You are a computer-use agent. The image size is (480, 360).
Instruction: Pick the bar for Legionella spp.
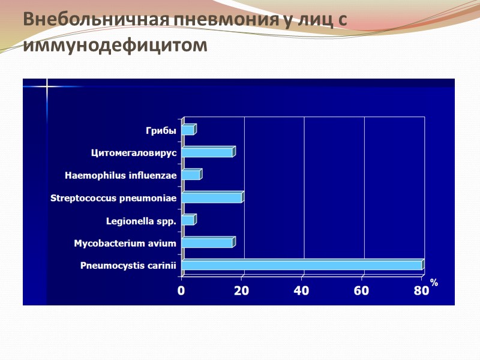pos(188,220)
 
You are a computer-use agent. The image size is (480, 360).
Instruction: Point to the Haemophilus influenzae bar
pos(191,175)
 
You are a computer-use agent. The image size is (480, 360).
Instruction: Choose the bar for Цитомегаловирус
pos(207,152)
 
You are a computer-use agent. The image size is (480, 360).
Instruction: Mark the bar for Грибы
pos(188,130)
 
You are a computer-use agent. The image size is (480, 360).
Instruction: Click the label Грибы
pos(161,130)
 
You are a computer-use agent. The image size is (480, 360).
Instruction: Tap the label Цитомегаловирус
pos(134,152)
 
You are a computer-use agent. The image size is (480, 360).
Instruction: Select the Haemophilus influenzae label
pos(121,176)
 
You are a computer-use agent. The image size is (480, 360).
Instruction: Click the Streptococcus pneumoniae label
pos(113,198)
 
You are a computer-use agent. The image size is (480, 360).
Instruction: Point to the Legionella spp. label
pos(141,221)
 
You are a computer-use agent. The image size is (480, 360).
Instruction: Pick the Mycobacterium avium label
pos(125,243)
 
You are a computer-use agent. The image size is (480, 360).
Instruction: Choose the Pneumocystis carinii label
pos(128,266)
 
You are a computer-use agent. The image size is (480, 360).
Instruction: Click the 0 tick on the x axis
pos(181,291)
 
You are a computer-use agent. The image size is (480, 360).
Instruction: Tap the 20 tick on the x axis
pos(241,291)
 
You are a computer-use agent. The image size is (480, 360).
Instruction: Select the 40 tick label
pos(301,291)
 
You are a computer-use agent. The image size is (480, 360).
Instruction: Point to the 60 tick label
pos(362,291)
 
